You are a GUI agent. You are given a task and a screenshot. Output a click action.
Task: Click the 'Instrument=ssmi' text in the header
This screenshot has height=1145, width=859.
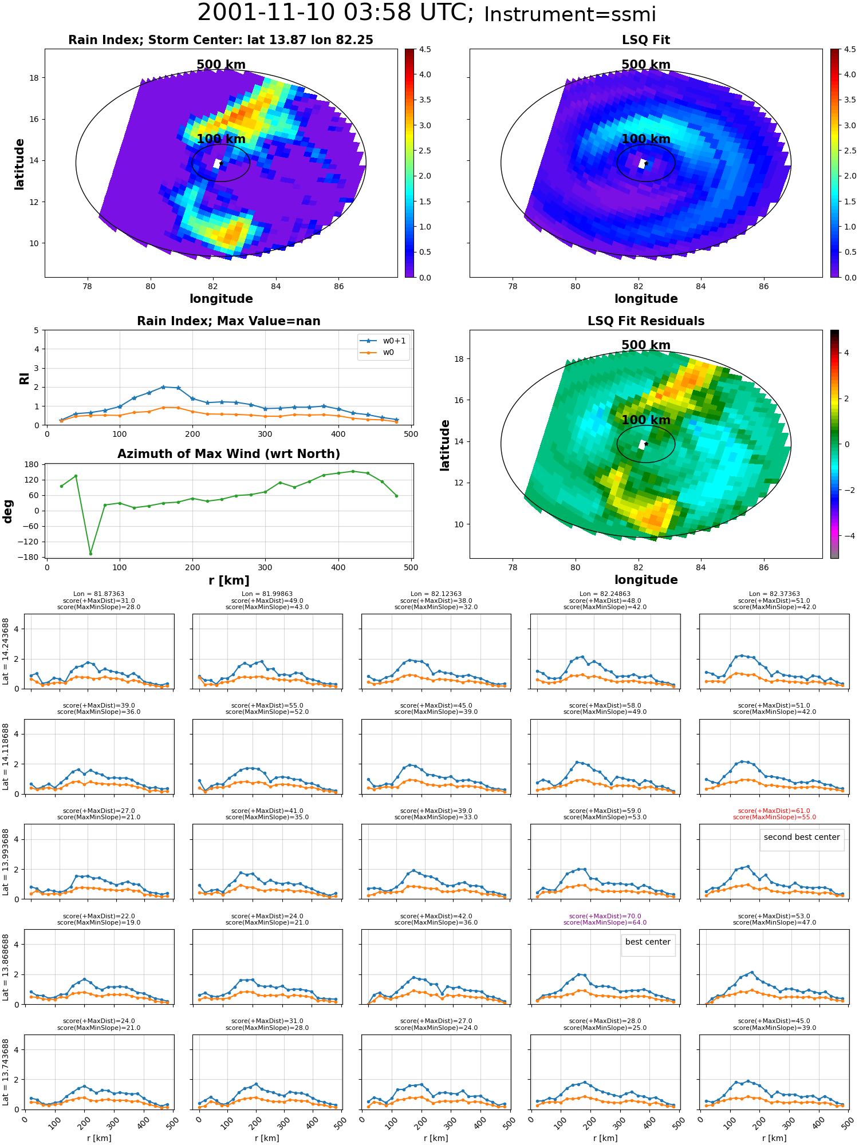point(570,15)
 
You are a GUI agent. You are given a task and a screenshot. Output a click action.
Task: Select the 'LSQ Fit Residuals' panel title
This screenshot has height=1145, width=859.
point(646,321)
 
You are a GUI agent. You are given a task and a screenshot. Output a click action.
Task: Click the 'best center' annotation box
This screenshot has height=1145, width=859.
point(648,942)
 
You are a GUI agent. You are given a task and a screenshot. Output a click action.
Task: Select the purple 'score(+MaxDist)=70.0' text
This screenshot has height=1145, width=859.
point(605,916)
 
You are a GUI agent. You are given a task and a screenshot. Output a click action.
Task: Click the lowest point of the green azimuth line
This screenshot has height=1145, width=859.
point(90,554)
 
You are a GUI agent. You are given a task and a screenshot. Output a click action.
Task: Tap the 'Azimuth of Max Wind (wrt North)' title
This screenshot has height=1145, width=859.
point(228,454)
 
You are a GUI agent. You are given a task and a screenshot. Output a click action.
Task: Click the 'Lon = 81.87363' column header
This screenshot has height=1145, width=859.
point(98,594)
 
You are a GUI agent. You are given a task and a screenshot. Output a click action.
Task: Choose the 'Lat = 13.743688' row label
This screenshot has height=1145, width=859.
point(6,1072)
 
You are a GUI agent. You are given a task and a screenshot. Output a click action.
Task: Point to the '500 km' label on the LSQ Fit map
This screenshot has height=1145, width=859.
point(646,65)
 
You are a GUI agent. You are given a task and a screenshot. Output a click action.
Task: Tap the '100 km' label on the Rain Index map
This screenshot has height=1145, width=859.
point(221,139)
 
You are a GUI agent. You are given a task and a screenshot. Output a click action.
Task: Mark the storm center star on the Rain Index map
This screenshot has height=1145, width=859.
point(221,163)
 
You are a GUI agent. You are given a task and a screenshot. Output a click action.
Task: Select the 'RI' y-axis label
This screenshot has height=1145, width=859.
point(25,378)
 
